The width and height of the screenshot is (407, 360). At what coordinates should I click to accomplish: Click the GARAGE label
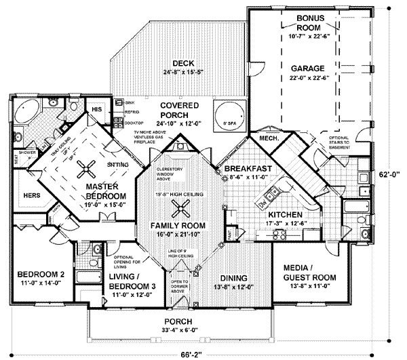(x=309, y=68)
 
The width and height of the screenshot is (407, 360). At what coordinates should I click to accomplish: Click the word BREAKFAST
(x=250, y=168)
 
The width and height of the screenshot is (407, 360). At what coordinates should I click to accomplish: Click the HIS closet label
(x=97, y=108)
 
